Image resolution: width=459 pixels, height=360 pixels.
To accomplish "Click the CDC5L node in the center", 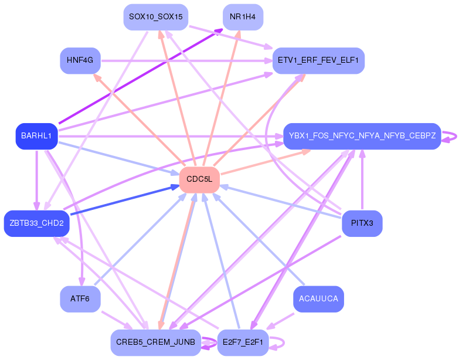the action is coord(199,180).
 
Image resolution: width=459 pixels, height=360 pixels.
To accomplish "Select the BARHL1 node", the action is coord(36,136).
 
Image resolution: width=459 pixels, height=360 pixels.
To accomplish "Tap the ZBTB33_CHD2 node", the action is coord(36,223).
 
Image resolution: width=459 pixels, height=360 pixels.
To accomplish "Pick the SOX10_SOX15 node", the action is coord(156,17).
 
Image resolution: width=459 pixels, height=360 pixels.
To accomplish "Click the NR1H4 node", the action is coord(243,17).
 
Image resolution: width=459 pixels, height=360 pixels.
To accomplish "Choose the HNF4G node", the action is coord(80,60).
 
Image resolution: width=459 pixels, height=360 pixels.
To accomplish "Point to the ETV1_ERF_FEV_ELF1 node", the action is coord(318,60).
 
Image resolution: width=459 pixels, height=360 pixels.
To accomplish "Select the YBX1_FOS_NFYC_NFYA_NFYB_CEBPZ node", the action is coord(362,136).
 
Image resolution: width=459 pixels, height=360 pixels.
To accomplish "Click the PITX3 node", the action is coord(362,223).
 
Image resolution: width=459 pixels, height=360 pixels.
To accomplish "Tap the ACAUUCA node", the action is coord(318,299).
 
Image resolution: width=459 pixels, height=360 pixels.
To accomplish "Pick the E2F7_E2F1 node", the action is coord(243,342).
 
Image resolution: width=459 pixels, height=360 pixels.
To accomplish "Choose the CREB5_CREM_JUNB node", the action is coord(156,342).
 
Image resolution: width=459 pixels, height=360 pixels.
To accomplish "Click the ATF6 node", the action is coord(80,299).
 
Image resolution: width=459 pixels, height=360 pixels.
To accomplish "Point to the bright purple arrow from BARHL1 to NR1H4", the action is coord(141,76).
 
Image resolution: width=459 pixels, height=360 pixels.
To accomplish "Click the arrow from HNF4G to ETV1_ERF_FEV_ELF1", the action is coord(187,61).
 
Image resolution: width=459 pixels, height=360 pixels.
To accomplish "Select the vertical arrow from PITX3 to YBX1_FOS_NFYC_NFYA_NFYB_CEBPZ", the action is coord(362,179).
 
